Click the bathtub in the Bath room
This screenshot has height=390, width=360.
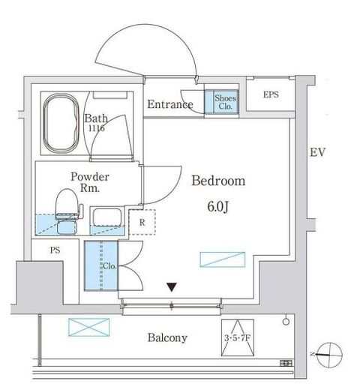pos(61,123)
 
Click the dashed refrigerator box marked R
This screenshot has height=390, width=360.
pos(142,222)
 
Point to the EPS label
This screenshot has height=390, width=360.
pos(271,94)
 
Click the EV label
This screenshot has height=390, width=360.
pos(317,152)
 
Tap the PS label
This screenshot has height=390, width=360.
pos(55,250)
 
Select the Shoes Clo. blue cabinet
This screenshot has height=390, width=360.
pos(221,102)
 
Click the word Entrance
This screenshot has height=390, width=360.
pos(170,104)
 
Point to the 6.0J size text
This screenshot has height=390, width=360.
pos(218,206)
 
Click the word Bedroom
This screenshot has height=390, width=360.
pos(218,181)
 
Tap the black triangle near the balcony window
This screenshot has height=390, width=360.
pos(172,287)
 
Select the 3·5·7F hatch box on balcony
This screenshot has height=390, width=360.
pos(238,337)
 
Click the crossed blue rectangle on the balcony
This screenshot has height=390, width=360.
pos(89,327)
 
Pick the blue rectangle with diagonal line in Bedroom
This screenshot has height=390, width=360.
pos(223,259)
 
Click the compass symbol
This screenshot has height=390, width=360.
pos(329,355)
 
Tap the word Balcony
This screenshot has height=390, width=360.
pos(167,337)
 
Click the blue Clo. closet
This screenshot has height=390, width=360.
pos(101,265)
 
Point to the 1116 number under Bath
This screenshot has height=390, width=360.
pos(97,128)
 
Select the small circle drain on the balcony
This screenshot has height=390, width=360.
pos(286,322)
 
